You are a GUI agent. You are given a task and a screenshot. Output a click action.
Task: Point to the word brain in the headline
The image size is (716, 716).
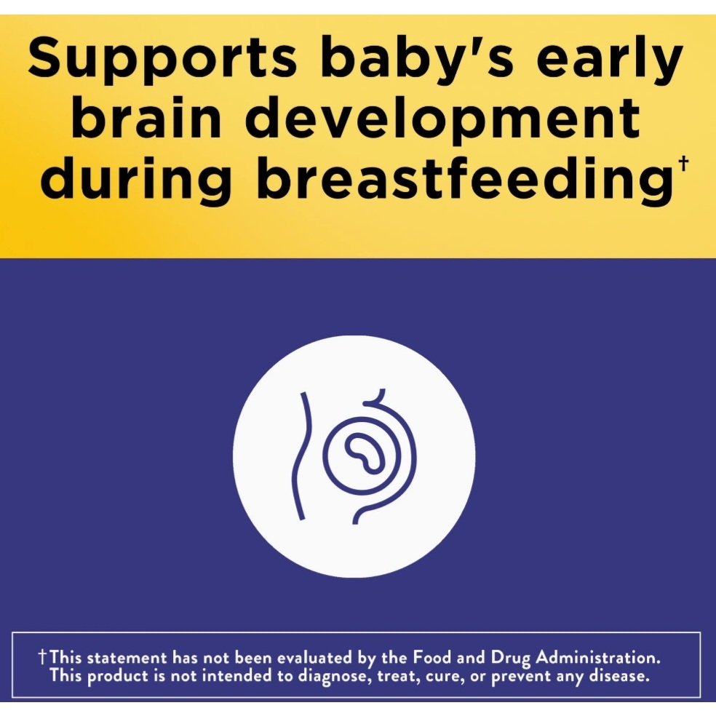pyautogui.click(x=146, y=116)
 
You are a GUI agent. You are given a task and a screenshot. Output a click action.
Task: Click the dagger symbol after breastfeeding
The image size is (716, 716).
pyautogui.click(x=683, y=164)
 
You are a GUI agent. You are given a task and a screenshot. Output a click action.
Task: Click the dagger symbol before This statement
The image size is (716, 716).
pyautogui.click(x=42, y=658)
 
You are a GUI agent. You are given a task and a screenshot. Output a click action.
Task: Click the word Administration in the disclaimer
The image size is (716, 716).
pyautogui.click(x=597, y=658)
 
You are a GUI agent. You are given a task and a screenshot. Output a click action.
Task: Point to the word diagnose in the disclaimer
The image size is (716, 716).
pyautogui.click(x=333, y=677)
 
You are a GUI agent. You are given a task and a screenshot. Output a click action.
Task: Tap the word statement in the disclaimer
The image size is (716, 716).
pyautogui.click(x=127, y=659)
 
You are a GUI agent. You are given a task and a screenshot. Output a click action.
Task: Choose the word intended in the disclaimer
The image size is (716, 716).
pyautogui.click(x=236, y=675)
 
